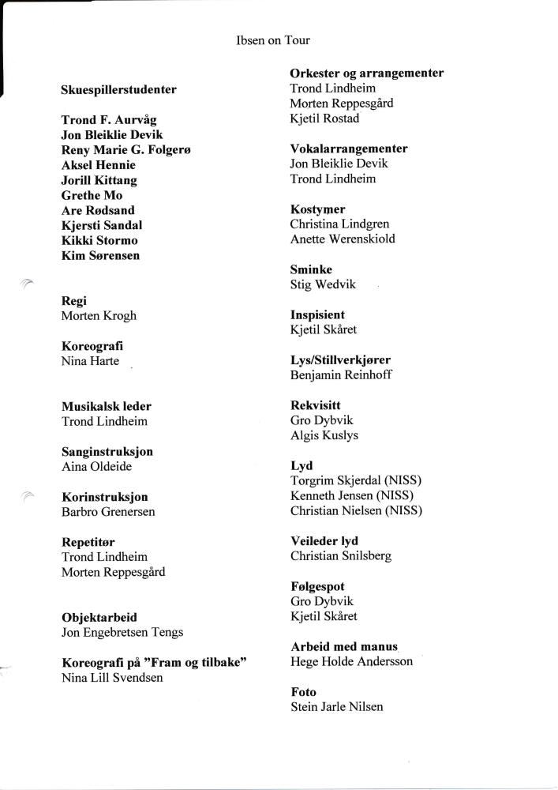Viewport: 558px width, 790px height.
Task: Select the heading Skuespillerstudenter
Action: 118,89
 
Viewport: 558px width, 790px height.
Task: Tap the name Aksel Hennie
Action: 99,165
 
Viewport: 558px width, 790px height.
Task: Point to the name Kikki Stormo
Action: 99,240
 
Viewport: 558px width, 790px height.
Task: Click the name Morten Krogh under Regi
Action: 99,315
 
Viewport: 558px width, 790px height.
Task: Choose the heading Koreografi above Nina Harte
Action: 92,346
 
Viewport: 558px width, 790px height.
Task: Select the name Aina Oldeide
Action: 96,466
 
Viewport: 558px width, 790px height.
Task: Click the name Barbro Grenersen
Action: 108,511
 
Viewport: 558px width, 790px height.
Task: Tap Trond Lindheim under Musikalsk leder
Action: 104,421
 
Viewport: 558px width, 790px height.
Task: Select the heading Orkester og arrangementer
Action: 366,73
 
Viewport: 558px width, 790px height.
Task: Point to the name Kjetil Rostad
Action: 324,118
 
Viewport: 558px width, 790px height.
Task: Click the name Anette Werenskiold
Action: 343,239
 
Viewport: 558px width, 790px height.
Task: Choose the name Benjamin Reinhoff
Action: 341,374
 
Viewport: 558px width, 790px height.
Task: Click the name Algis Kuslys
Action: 325,435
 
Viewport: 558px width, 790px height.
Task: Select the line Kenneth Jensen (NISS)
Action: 352,495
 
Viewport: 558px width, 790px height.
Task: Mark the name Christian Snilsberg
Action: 341,555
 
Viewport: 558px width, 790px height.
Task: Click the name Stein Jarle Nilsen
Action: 337,706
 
